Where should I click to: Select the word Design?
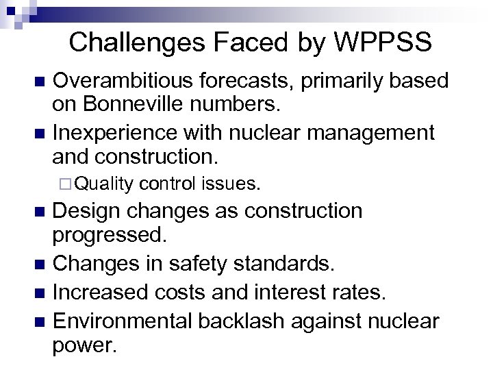(84, 211)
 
